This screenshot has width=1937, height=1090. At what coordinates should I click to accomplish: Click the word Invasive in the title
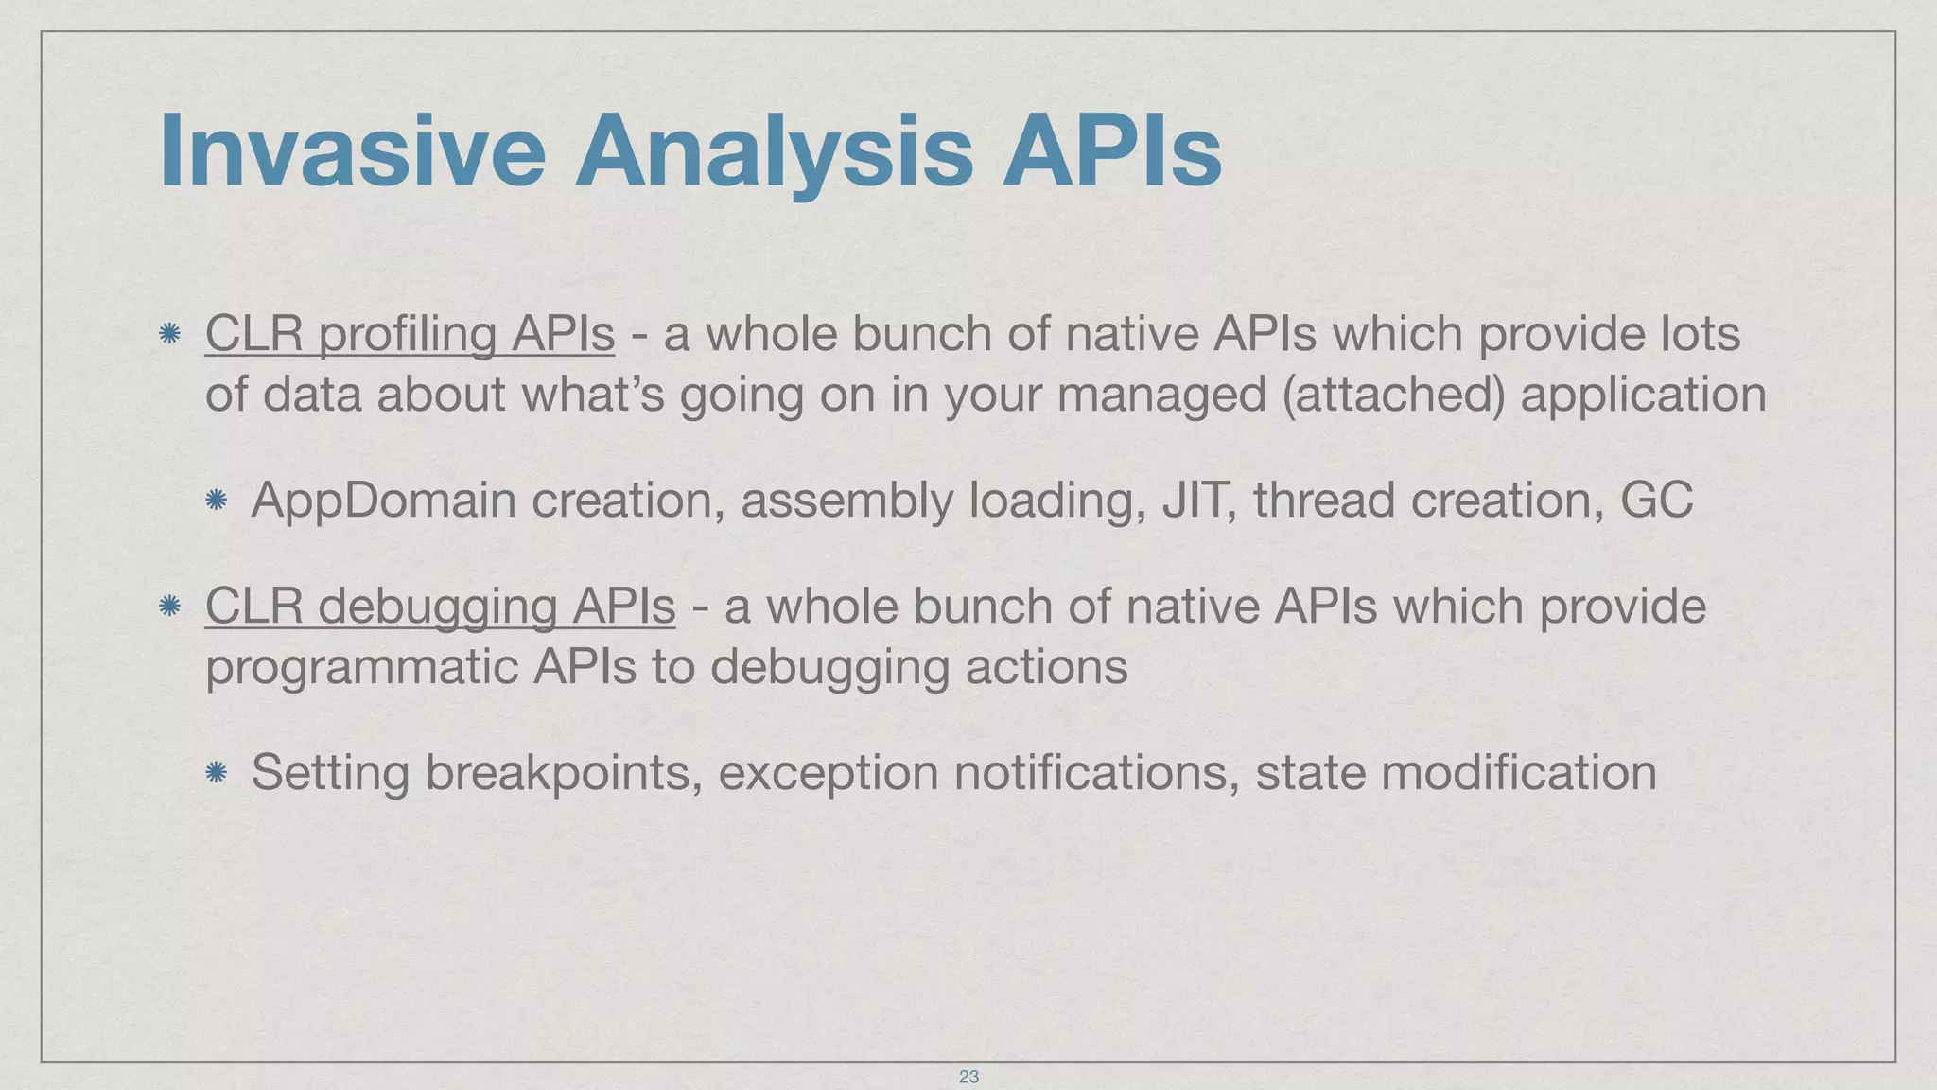(352, 151)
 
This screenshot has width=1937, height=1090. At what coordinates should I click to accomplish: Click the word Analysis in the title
(774, 151)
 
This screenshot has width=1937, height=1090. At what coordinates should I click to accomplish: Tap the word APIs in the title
(1112, 151)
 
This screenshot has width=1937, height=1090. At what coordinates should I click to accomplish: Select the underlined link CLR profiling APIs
(410, 334)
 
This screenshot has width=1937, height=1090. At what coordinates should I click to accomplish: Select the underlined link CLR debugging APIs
(440, 607)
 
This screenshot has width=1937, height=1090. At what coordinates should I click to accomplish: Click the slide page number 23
(968, 1077)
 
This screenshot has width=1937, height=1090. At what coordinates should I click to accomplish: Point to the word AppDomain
(383, 501)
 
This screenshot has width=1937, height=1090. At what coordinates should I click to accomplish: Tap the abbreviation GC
(1656, 501)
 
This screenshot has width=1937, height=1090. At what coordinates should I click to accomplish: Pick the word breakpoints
(564, 773)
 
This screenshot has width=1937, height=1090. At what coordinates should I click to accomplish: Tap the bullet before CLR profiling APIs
(169, 334)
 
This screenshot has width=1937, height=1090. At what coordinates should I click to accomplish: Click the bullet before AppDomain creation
(216, 501)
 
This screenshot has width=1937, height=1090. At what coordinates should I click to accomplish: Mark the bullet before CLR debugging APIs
(169, 607)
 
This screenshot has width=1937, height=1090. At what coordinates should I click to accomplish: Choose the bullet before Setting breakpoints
(216, 773)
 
